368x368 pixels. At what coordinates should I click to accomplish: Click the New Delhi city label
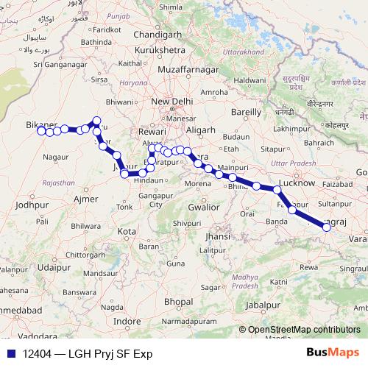click(x=171, y=102)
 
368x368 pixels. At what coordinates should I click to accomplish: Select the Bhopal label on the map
click(x=179, y=302)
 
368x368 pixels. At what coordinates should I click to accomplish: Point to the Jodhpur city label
click(x=30, y=205)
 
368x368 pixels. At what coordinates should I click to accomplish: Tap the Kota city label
click(x=127, y=231)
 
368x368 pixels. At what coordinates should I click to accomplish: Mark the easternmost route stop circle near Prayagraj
click(x=327, y=227)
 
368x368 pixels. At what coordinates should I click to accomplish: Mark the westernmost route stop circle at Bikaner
click(x=41, y=130)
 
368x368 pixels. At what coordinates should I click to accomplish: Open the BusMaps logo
click(x=333, y=353)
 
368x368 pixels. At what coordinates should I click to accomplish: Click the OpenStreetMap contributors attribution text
click(x=303, y=330)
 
